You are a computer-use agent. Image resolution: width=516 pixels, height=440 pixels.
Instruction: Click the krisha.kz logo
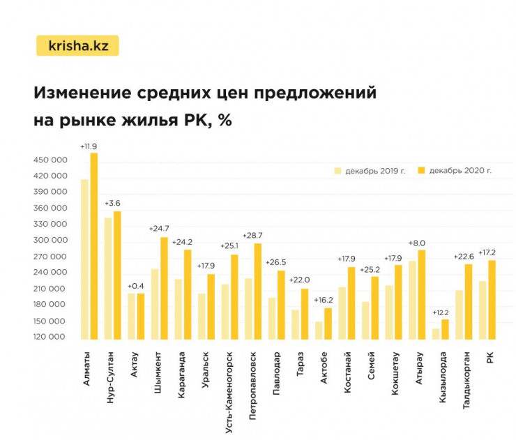tap(77, 46)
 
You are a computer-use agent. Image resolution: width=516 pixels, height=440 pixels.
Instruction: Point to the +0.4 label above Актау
tap(136, 286)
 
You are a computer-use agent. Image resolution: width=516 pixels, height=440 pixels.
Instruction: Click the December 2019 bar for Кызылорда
tap(436, 333)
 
